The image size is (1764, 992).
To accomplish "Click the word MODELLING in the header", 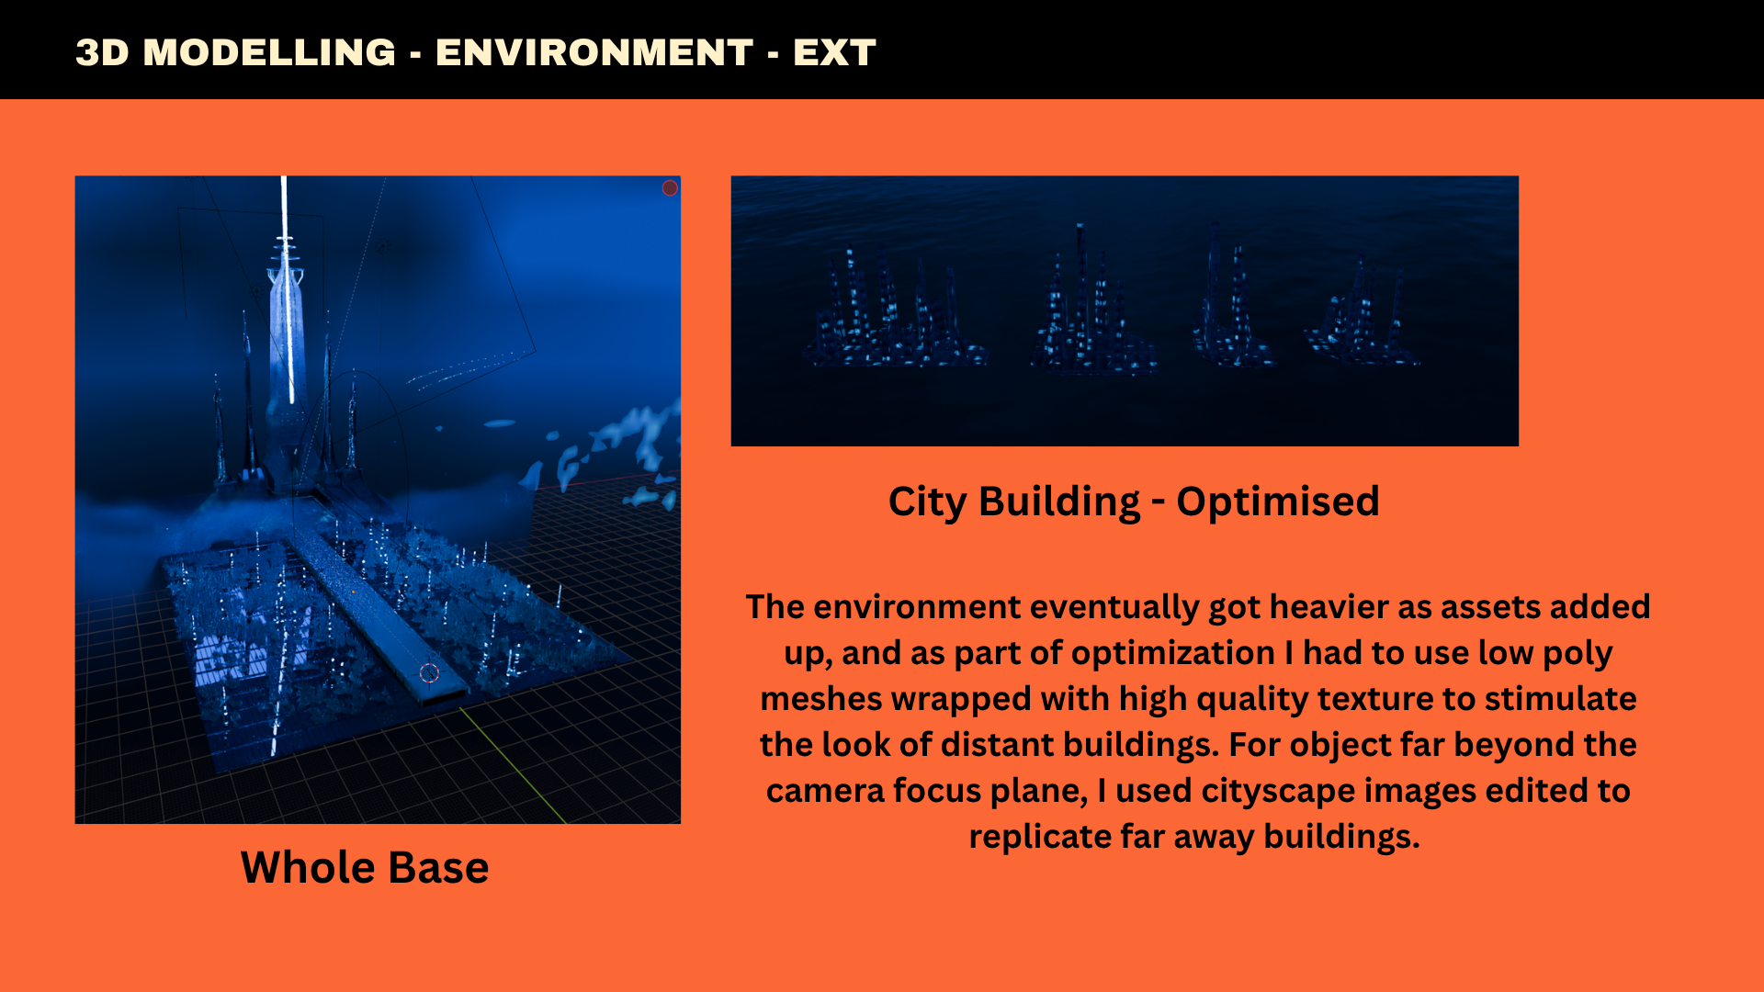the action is (269, 52).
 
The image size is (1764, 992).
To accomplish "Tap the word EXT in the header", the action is (834, 52).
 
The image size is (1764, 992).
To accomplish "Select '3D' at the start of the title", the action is (102, 52).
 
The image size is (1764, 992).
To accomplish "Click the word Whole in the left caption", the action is (300, 867).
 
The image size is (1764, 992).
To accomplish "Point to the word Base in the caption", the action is (431, 867).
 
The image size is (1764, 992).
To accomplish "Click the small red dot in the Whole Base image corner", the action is (670, 188).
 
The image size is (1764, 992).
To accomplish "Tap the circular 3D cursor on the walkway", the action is (429, 673).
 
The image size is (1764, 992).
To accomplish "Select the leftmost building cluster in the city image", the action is (893, 312).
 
